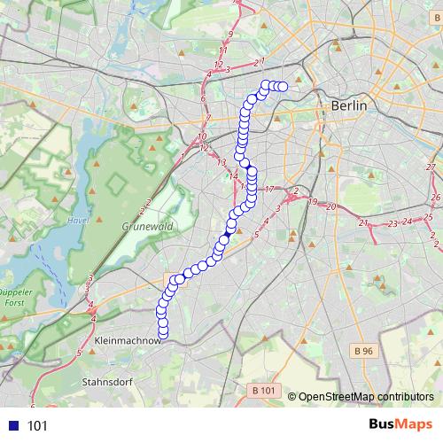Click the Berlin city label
pos(348,105)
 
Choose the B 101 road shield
pos(264,390)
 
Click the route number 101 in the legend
pos(37,426)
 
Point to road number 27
pos(431,167)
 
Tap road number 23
pos(392,223)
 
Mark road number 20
pos(330,206)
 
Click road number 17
pos(270,190)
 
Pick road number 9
pos(229,35)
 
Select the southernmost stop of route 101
pos(163,332)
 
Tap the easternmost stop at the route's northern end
pos(284,87)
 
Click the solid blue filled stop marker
pos(224,239)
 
